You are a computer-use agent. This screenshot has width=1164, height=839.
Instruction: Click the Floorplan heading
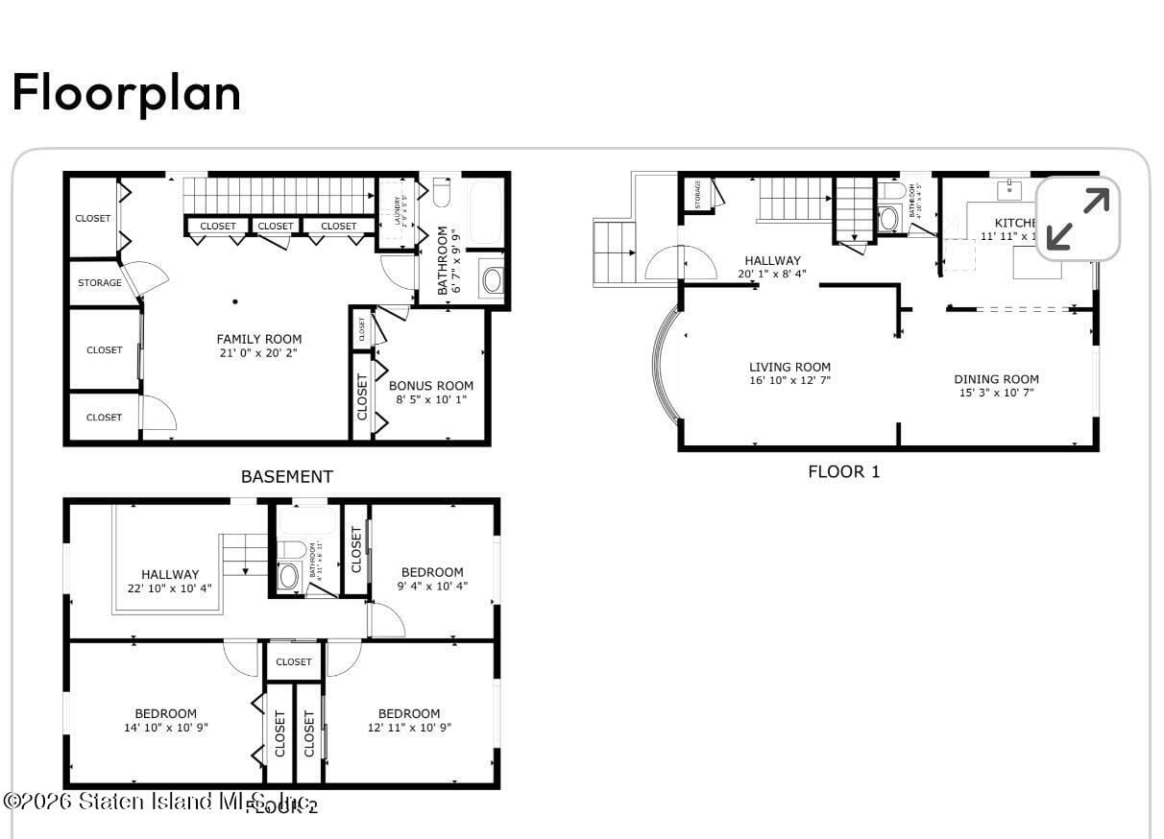tap(126, 93)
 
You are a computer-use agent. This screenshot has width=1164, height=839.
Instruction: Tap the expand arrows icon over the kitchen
tap(1078, 219)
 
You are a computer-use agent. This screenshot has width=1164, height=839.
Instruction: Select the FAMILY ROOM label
tap(258, 339)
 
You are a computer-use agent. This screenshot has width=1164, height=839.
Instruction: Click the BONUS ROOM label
tap(430, 386)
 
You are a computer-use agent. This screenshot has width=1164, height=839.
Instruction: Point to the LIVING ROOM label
tap(789, 367)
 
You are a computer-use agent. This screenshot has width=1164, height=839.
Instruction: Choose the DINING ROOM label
tap(996, 379)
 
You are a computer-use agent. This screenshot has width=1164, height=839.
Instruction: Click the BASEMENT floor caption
tap(286, 476)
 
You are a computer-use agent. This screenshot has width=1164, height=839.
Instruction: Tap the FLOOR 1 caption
tap(843, 471)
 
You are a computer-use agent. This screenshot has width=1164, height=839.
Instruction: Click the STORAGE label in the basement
tap(100, 283)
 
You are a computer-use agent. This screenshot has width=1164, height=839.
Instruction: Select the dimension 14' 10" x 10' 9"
tap(165, 728)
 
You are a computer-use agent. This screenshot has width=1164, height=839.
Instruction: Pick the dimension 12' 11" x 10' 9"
tap(409, 728)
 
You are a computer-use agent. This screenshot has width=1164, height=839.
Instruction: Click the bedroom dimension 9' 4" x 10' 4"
tap(432, 587)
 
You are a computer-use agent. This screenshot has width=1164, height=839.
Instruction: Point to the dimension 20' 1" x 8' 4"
tap(772, 274)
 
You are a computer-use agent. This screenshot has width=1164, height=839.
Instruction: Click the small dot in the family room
tap(235, 301)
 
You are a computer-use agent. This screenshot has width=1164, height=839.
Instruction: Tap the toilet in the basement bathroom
tap(442, 192)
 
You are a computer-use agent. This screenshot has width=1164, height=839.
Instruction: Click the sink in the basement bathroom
tap(492, 280)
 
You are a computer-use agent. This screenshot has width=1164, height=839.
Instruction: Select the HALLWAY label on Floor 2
tap(170, 574)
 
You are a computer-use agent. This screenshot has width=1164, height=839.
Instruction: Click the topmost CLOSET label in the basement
tap(93, 218)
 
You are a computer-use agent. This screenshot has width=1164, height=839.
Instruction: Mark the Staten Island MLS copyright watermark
tap(158, 801)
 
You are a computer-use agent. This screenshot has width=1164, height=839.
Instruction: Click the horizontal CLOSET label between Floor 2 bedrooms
tap(294, 661)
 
